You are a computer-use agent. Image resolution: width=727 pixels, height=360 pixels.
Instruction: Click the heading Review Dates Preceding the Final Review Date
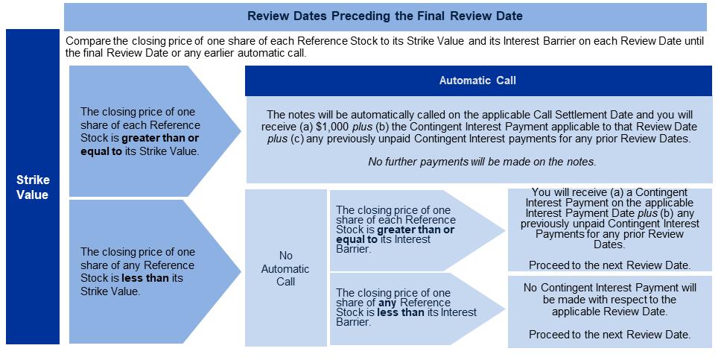(385, 16)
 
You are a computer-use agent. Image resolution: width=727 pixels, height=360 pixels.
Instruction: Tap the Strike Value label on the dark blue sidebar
(33, 187)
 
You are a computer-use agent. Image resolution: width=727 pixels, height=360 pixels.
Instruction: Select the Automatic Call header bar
(478, 80)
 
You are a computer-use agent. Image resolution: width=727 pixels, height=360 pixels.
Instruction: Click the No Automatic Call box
(285, 268)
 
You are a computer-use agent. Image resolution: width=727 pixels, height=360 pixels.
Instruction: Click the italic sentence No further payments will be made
(480, 162)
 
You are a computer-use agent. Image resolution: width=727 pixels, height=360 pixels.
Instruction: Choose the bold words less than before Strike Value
(141, 278)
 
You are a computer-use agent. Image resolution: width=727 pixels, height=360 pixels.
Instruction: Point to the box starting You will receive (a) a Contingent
(610, 230)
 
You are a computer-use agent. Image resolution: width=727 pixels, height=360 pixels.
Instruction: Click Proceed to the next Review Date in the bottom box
(610, 335)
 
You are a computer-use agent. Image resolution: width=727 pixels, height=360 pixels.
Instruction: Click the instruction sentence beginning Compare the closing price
(385, 47)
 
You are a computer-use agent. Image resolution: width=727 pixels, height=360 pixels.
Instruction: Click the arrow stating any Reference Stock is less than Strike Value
(155, 271)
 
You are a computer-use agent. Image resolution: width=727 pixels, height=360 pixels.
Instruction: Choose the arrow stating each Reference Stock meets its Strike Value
(155, 131)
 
